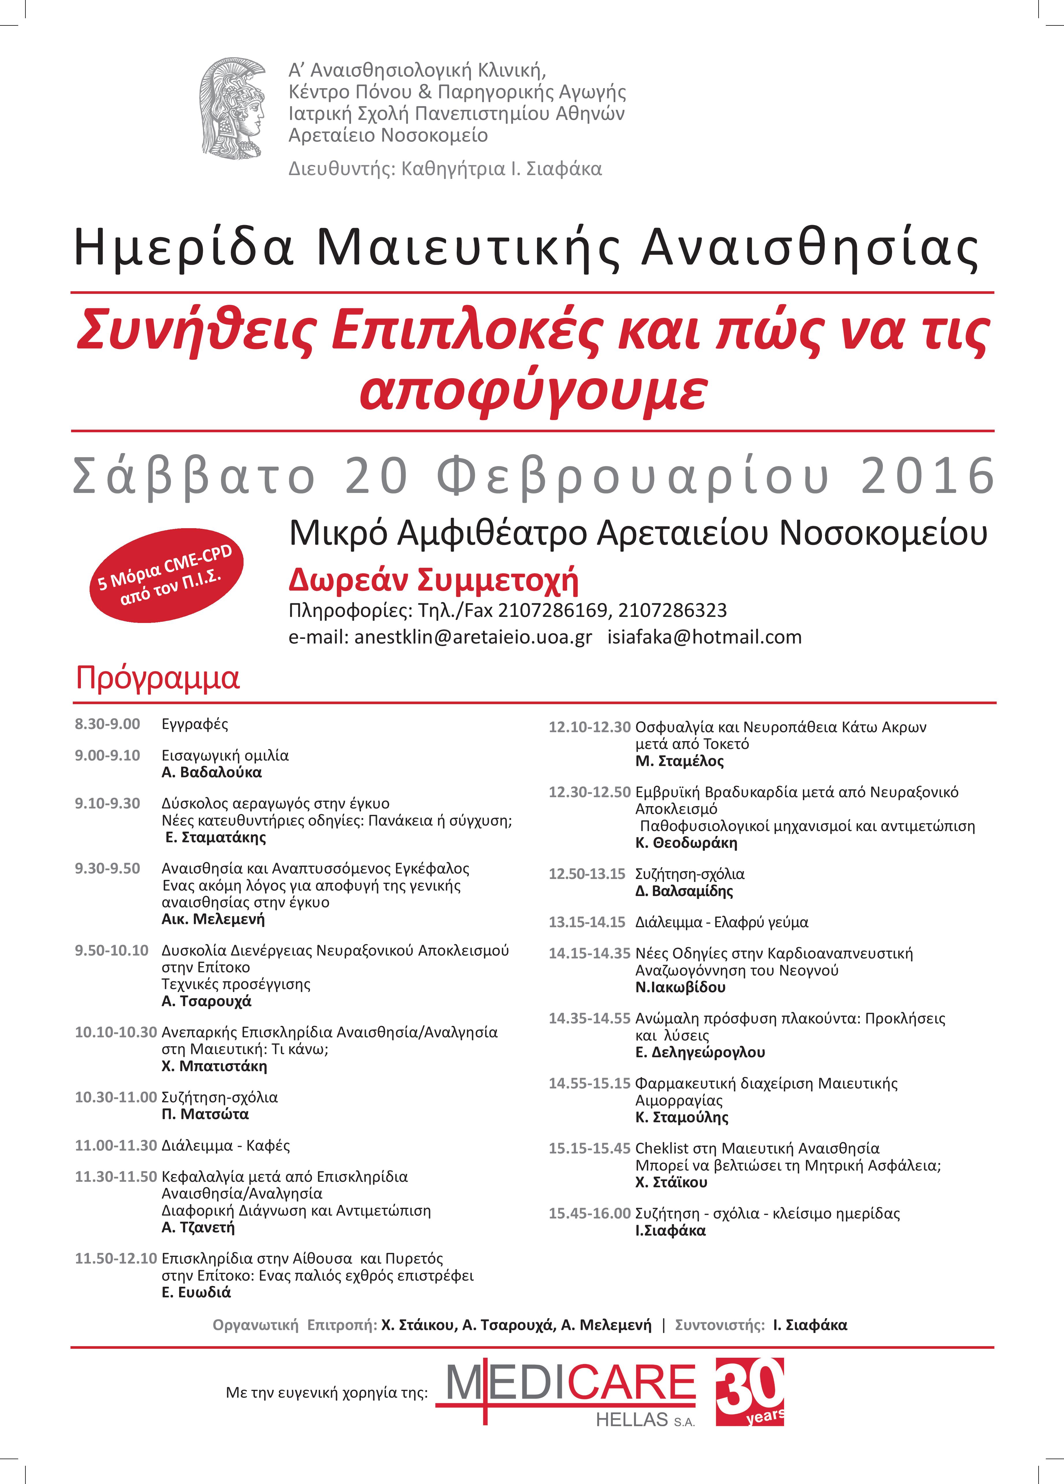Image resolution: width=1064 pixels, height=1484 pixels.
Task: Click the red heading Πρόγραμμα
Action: (x=158, y=678)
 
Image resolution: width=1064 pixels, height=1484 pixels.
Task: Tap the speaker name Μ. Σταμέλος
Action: (x=679, y=761)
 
